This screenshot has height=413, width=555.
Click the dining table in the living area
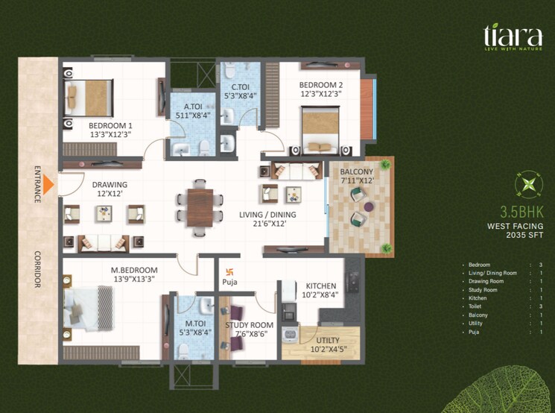click(200, 206)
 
